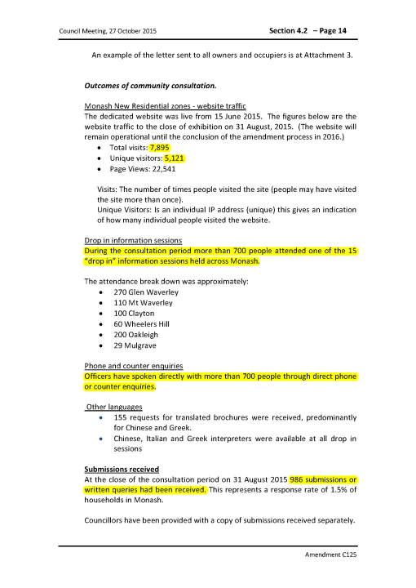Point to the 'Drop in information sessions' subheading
pos(135,241)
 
